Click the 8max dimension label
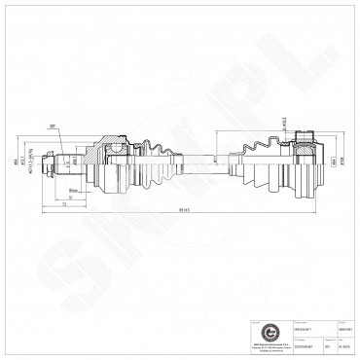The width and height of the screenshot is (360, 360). [x=73, y=190]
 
